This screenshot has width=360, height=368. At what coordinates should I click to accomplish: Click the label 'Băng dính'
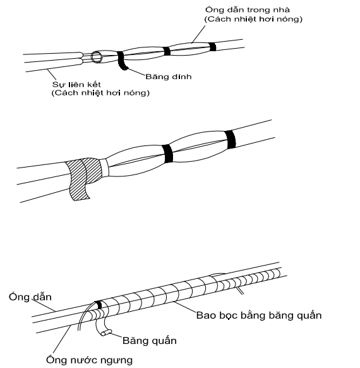(x=168, y=77)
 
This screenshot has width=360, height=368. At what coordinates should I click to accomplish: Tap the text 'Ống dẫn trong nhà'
(x=248, y=10)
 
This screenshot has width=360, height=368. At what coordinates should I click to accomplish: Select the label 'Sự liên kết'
(x=76, y=84)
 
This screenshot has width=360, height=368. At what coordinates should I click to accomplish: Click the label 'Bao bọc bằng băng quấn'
(x=259, y=315)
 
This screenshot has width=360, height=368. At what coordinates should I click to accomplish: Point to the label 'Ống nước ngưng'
(x=89, y=360)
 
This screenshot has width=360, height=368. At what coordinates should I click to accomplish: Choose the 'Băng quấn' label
(x=150, y=341)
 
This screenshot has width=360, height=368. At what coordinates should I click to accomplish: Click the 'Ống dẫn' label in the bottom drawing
(x=30, y=297)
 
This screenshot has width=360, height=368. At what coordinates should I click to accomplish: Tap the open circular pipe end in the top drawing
(x=97, y=57)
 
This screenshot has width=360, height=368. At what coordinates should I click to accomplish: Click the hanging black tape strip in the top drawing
(x=122, y=61)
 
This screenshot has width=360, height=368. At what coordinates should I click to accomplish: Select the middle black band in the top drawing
(x=166, y=51)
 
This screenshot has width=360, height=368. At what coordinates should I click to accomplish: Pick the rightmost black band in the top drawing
(x=213, y=47)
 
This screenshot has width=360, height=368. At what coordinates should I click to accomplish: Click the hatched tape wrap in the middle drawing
(x=83, y=177)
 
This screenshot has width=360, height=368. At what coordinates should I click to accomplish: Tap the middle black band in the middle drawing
(x=167, y=154)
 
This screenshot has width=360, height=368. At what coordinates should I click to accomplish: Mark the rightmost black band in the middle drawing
(x=230, y=139)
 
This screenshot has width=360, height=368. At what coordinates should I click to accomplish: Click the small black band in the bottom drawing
(x=99, y=305)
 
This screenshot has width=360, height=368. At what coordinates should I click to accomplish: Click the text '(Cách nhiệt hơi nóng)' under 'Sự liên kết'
(x=100, y=93)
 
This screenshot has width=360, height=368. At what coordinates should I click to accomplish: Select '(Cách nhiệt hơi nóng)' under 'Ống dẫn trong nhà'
(x=254, y=19)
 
